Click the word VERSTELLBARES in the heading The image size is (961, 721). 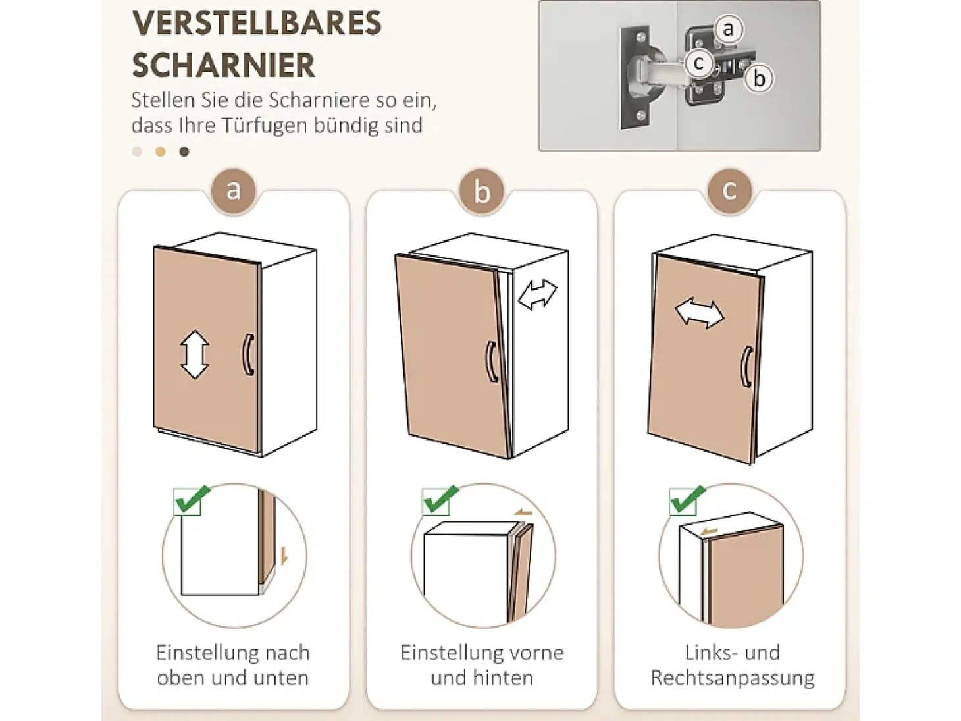point(257,23)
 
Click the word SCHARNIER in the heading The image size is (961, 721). point(223,65)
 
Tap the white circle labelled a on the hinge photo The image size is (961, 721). point(728,30)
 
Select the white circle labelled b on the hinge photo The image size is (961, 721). point(759,79)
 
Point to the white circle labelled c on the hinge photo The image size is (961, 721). point(698,63)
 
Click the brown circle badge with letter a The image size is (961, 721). point(234,191)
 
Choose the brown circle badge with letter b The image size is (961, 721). point(482,192)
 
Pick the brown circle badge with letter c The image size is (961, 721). point(729,191)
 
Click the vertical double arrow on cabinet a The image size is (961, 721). point(194,354)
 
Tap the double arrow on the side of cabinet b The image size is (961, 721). point(538,294)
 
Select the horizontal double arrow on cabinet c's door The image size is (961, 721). point(700,313)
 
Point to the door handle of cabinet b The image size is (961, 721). point(492,361)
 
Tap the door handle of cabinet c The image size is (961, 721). point(746,367)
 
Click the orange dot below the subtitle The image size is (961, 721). point(161,152)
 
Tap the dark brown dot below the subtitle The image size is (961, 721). point(184,152)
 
